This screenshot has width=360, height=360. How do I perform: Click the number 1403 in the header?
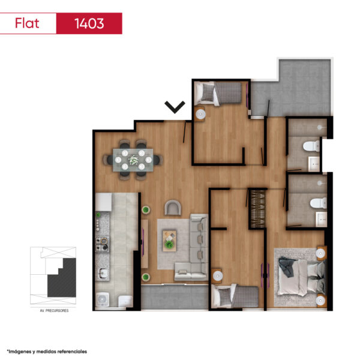tap(89, 23)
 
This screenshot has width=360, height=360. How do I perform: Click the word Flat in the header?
tap(27, 23)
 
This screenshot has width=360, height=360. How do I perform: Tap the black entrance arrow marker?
tap(175, 107)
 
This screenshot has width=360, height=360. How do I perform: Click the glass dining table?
tap(133, 160)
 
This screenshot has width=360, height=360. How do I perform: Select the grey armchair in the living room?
tap(173, 208)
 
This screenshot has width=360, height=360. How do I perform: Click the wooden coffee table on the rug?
tap(169, 241)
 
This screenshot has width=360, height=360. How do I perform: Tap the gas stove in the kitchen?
tap(102, 244)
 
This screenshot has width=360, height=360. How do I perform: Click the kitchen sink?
tap(103, 274)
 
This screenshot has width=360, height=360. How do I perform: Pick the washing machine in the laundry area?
tap(103, 299)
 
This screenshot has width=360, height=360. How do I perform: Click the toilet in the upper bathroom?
tap(311, 146)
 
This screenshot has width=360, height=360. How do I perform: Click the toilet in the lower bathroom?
tap(319, 203)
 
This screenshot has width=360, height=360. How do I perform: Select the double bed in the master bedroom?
tap(301, 278)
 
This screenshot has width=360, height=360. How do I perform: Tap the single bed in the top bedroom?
tap(218, 94)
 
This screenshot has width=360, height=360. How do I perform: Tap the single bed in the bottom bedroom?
tap(235, 296)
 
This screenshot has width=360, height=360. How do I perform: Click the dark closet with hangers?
tap(257, 209)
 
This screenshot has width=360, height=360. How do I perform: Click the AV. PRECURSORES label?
tap(54, 311)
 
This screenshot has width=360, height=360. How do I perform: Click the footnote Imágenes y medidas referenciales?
tap(47, 352)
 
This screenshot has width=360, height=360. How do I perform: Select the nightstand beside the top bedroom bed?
tap(200, 113)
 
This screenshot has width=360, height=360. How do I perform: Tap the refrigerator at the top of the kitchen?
tap(104, 202)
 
